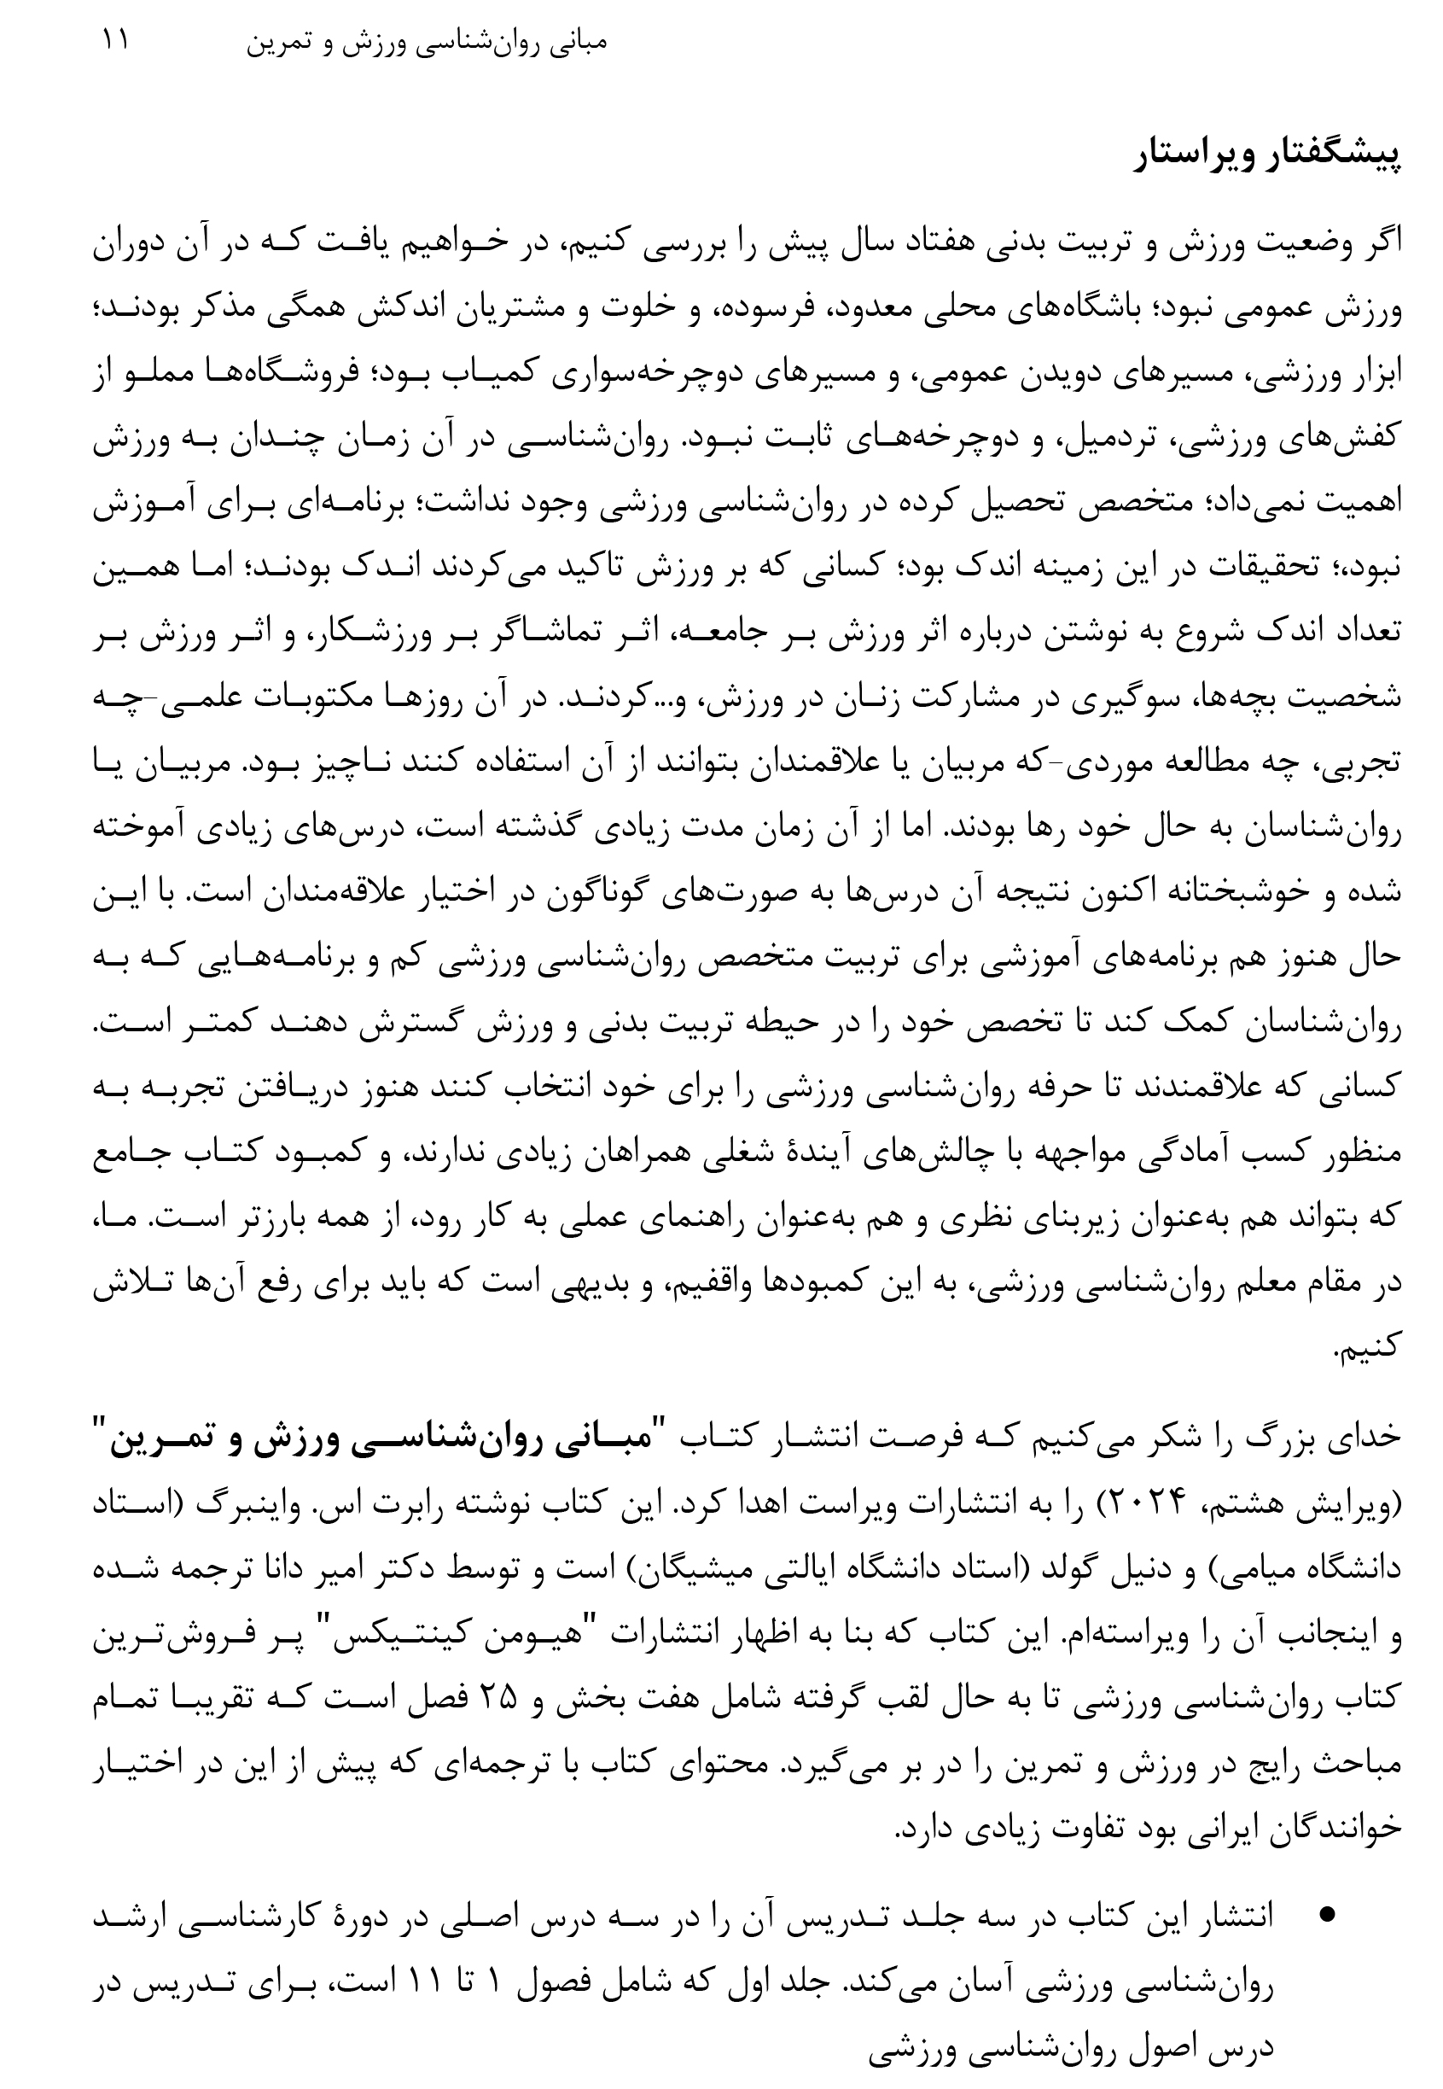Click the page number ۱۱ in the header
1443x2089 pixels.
[116, 42]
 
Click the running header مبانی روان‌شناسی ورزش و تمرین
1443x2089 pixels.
[427, 44]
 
